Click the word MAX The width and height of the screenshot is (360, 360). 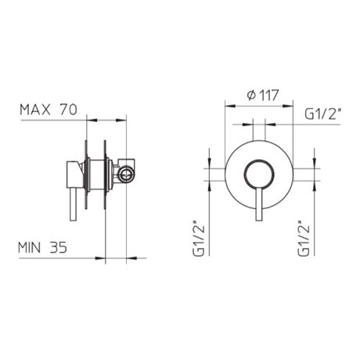point(35,110)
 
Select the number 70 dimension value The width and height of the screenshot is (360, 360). point(69,110)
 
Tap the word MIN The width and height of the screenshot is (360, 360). point(30,247)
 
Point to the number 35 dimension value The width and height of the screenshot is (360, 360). point(59,247)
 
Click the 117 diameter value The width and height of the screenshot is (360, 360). point(269,95)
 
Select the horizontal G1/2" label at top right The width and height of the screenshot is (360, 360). point(323,114)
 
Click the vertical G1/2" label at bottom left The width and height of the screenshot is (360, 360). point(200,239)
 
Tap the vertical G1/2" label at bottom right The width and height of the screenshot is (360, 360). point(304,239)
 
